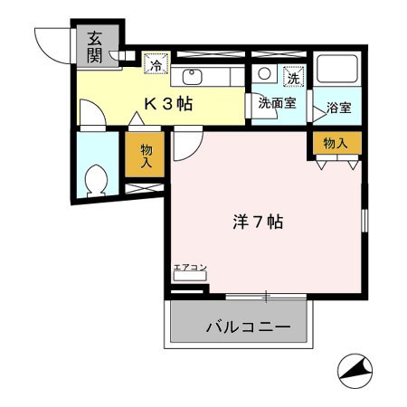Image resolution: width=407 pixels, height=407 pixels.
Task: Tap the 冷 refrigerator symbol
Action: [x=156, y=64]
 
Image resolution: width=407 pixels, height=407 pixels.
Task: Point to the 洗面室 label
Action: [x=277, y=103]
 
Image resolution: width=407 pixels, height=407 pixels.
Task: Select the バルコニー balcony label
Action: [x=247, y=326]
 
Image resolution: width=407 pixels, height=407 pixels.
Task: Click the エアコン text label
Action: [x=190, y=268]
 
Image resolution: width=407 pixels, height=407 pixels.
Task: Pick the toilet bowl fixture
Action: [x=95, y=181]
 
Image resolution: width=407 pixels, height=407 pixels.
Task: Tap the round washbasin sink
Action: [x=264, y=74]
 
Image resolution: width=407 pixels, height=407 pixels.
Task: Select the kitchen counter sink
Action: [x=192, y=76]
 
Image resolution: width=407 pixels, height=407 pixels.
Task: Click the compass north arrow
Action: [x=355, y=370]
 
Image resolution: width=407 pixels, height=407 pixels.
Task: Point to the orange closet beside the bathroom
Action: [x=336, y=142]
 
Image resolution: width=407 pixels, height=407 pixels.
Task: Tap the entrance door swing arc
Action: [x=52, y=40]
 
